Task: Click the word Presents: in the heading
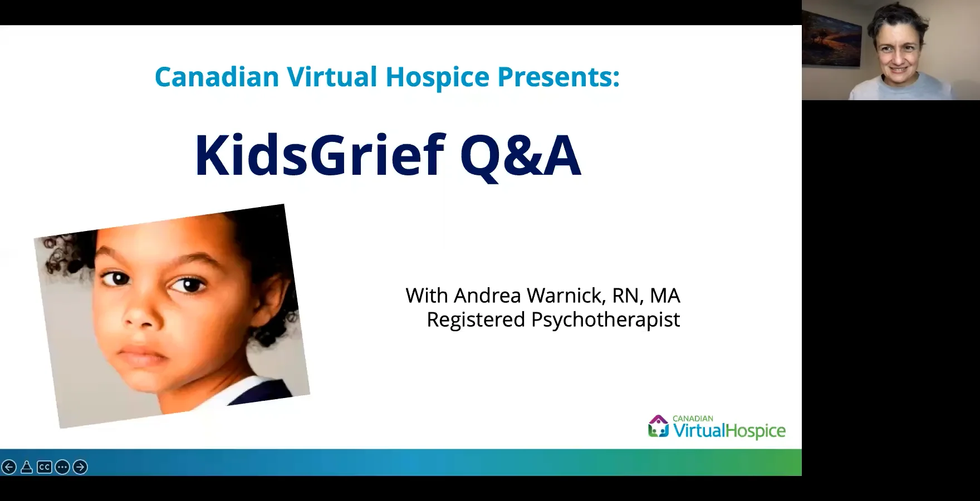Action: point(558,77)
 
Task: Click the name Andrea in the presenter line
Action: point(488,295)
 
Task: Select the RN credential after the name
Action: point(627,295)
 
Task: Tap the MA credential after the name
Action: point(665,295)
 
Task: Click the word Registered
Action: point(476,320)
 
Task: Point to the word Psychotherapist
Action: point(605,320)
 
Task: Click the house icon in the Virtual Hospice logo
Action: point(658,426)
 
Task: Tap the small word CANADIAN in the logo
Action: point(693,419)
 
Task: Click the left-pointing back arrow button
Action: point(8,467)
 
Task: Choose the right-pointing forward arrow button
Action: point(80,467)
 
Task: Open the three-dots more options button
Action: point(62,467)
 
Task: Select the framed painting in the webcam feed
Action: point(831,34)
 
